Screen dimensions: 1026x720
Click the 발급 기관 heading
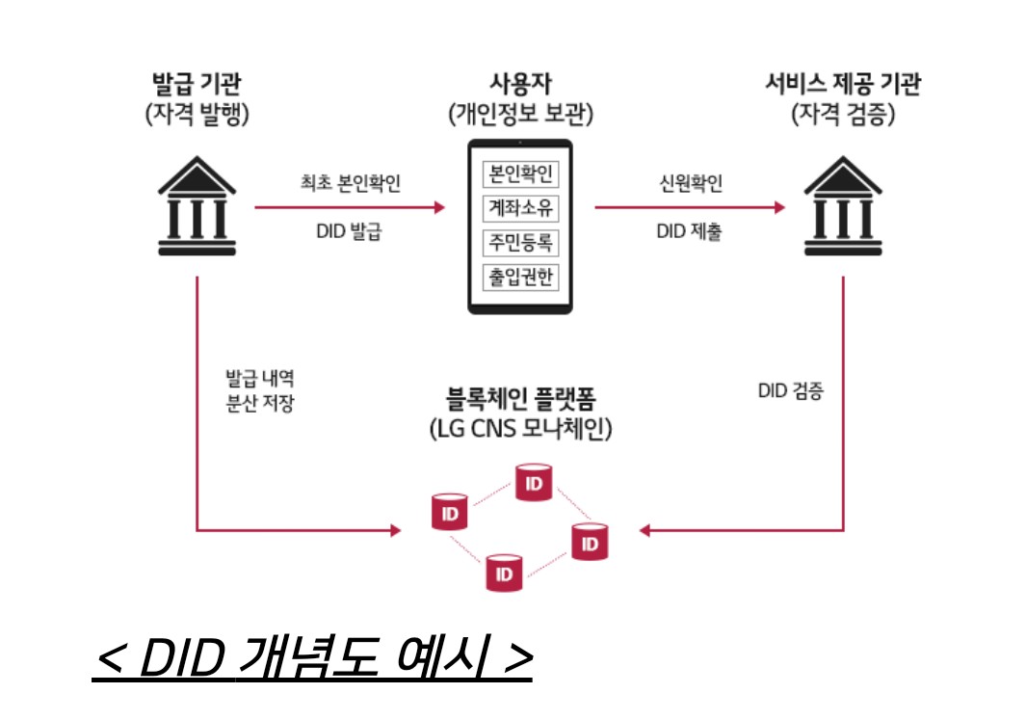pyautogui.click(x=197, y=83)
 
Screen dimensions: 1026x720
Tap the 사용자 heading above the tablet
pyautogui.click(x=520, y=83)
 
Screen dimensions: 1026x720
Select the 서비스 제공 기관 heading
pyautogui.click(x=843, y=83)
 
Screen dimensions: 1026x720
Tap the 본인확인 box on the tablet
pyautogui.click(x=520, y=174)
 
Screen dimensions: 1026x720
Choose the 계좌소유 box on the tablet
pyautogui.click(x=520, y=207)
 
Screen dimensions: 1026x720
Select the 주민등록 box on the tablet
pyautogui.click(x=520, y=240)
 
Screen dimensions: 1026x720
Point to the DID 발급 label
pyautogui.click(x=349, y=231)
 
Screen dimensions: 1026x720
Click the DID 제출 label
pyautogui.click(x=689, y=231)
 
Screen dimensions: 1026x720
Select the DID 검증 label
pyautogui.click(x=791, y=392)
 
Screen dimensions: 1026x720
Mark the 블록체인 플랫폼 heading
pyautogui.click(x=520, y=396)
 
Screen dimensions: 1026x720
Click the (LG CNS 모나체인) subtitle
pyautogui.click(x=520, y=428)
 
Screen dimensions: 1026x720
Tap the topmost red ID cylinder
pyautogui.click(x=533, y=481)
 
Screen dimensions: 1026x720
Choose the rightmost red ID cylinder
pyautogui.click(x=590, y=542)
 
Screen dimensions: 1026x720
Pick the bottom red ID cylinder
pyautogui.click(x=503, y=572)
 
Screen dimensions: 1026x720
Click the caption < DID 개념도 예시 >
pyautogui.click(x=312, y=658)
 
